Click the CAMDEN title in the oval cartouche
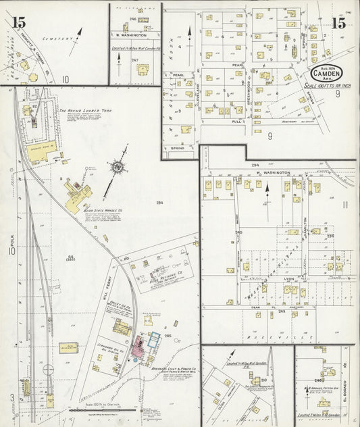click(327, 72)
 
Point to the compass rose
click(118, 166)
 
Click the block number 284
click(159, 203)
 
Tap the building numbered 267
click(134, 61)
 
